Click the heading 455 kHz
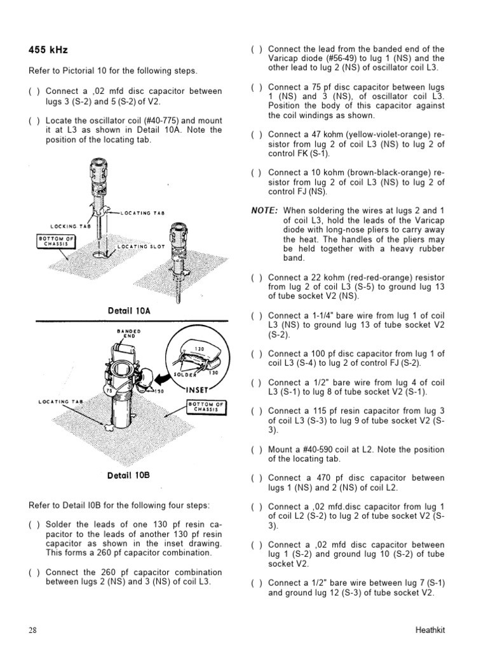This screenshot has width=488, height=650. pos(48,49)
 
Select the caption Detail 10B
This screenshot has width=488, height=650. pos(128,475)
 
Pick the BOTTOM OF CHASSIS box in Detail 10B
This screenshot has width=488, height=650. pos(208,407)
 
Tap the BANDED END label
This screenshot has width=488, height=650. pos(129,333)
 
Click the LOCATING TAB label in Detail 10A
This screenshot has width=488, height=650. pos(143,213)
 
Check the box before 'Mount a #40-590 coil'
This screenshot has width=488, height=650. pos(255,450)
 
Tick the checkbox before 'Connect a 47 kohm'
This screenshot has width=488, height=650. pos(255,135)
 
